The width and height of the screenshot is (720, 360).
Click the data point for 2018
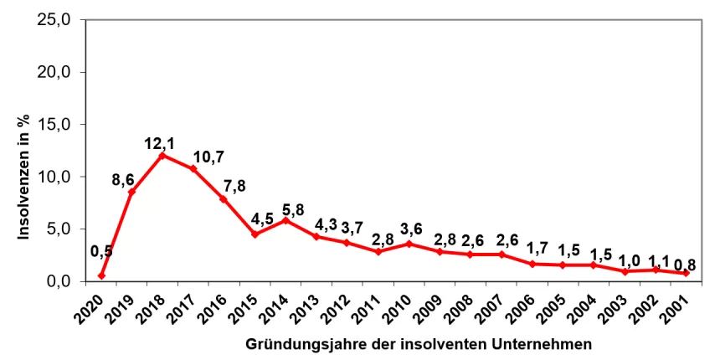(x=162, y=155)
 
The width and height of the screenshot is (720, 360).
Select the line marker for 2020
(x=101, y=275)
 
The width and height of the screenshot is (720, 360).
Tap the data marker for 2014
(x=285, y=220)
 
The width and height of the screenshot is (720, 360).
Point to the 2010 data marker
(x=409, y=244)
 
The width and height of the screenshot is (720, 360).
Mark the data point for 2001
(x=687, y=273)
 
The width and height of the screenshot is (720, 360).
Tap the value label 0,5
(x=101, y=250)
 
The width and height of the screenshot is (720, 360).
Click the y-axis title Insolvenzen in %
(x=24, y=177)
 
